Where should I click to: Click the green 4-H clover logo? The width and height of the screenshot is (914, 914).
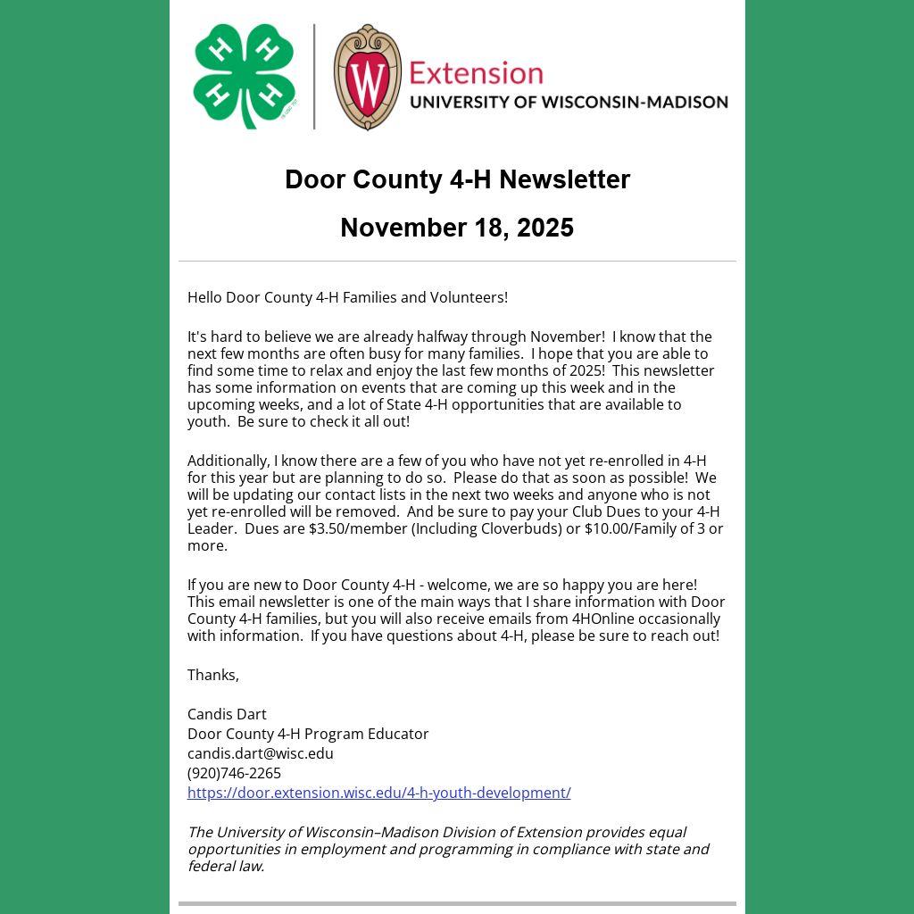coord(244,76)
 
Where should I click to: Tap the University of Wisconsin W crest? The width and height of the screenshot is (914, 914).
coord(367,77)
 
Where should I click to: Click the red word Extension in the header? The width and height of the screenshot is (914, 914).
coord(476,72)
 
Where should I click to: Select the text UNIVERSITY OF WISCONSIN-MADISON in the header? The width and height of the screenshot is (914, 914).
coord(569,102)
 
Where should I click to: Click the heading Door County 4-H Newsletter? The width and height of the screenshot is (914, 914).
coord(457,179)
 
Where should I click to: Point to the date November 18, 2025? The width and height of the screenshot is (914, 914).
coord(457,228)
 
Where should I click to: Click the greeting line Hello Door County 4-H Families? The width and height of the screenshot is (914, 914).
coord(347,297)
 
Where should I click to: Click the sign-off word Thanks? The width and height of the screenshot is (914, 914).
coord(212,675)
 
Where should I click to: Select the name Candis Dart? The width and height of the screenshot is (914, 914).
coord(227,714)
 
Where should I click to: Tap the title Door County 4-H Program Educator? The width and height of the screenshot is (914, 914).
coord(308,734)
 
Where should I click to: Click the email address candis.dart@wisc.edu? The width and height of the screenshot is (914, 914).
coord(261,753)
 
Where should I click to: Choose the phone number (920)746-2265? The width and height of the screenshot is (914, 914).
coord(234,773)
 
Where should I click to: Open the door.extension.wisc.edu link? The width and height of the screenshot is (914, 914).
coord(378,793)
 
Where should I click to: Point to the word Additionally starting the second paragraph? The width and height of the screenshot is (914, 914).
coord(228,461)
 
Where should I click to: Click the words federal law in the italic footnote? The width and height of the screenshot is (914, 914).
coord(225,866)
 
